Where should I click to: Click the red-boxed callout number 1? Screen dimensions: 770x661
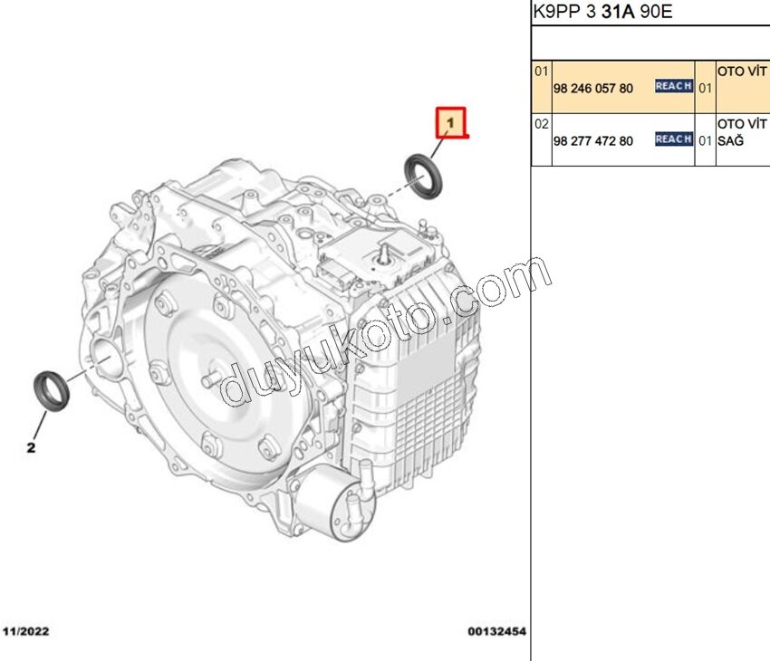(x=450, y=122)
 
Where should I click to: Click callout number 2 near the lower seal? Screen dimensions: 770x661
(x=31, y=447)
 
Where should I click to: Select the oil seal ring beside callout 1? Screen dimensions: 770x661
(x=423, y=177)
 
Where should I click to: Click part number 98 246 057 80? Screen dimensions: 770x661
(x=592, y=89)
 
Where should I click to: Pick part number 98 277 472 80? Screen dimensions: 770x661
(x=592, y=141)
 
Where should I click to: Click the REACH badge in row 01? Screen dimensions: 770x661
(x=674, y=86)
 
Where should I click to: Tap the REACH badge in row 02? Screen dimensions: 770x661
(x=674, y=139)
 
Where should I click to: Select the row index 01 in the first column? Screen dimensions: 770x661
(x=541, y=72)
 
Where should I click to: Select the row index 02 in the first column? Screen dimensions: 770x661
(x=541, y=124)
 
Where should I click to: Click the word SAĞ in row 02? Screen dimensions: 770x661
(x=730, y=141)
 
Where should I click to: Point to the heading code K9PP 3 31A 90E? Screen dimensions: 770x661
(x=602, y=11)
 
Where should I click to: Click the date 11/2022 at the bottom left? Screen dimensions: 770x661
(x=26, y=631)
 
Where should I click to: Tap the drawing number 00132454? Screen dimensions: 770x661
(x=496, y=631)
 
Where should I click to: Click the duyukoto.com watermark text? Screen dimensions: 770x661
(x=386, y=331)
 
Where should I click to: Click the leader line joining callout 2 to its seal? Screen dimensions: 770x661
(x=41, y=425)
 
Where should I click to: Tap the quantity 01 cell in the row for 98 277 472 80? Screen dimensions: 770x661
(x=705, y=141)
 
